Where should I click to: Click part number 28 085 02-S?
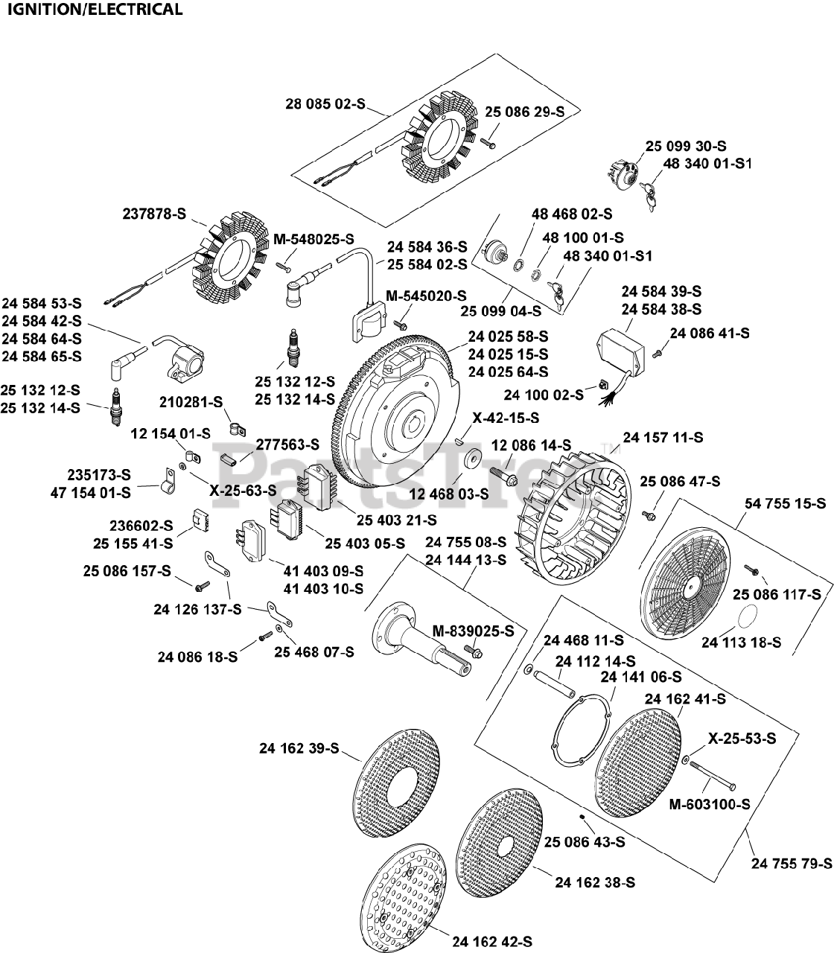(x=325, y=104)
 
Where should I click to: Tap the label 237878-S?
(x=154, y=214)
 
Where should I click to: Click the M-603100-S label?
(x=709, y=804)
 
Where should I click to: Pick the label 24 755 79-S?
(x=792, y=864)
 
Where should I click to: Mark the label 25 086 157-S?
(x=127, y=571)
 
